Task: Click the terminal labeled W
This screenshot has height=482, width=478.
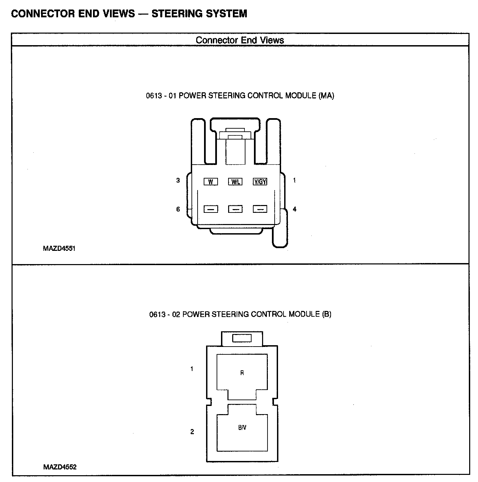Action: [210, 182]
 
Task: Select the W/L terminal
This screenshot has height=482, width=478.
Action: [235, 182]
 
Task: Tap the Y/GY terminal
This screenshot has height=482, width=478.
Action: [260, 182]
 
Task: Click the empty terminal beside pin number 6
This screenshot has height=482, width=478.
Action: [210, 209]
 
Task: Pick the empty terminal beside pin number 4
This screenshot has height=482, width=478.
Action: [260, 209]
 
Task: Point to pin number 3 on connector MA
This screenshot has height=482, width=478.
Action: [178, 181]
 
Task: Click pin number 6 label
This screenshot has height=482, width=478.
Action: [178, 209]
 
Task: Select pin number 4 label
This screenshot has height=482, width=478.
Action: [294, 209]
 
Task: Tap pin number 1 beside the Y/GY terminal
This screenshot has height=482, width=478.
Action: [294, 181]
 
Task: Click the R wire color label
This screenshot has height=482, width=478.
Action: [242, 373]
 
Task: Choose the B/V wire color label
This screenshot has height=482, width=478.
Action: [242, 428]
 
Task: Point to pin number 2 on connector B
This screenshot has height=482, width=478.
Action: [192, 432]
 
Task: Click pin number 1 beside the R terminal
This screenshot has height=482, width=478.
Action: [192, 369]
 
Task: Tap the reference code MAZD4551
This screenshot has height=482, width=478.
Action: [59, 248]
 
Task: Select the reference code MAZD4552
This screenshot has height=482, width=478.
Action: [60, 467]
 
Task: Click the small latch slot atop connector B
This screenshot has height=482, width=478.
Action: [242, 338]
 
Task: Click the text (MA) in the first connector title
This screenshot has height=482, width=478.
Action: [326, 96]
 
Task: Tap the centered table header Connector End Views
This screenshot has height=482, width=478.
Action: [240, 40]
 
